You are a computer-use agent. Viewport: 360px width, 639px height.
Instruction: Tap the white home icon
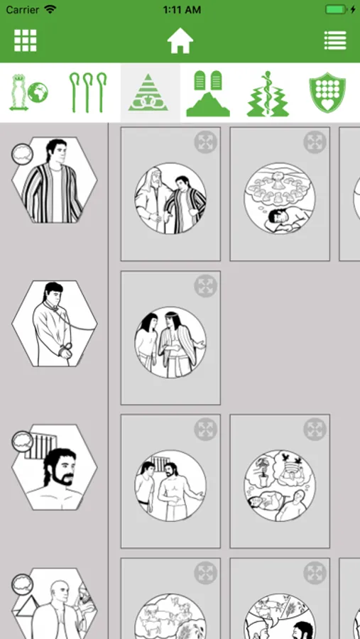(180, 40)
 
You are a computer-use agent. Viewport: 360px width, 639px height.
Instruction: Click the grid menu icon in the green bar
(26, 40)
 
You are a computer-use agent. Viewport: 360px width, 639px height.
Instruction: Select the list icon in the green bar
(335, 40)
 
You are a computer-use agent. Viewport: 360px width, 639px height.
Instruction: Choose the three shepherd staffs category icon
(88, 92)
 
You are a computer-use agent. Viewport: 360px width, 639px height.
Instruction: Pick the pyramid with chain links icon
(148, 92)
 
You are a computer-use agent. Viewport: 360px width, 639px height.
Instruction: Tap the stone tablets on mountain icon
(208, 93)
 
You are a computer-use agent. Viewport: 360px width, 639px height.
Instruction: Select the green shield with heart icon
(327, 92)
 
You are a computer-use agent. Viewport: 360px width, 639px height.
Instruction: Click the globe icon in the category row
(38, 93)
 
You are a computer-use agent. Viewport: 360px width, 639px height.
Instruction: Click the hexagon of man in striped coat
(55, 180)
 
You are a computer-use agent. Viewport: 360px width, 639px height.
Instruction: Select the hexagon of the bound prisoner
(55, 324)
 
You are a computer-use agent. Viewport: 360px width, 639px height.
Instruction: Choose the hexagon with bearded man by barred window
(55, 467)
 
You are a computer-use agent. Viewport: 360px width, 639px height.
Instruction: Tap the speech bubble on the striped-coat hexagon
(22, 154)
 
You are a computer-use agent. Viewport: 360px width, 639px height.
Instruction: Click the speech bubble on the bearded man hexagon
(22, 442)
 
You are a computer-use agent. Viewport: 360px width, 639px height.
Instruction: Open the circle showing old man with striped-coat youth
(170, 199)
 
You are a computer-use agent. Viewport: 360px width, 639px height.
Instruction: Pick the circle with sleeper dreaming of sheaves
(280, 199)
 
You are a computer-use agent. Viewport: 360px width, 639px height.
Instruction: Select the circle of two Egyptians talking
(170, 342)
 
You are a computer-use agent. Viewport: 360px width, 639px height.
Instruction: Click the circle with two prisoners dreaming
(280, 486)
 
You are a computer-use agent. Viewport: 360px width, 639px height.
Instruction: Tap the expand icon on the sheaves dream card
(315, 142)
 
